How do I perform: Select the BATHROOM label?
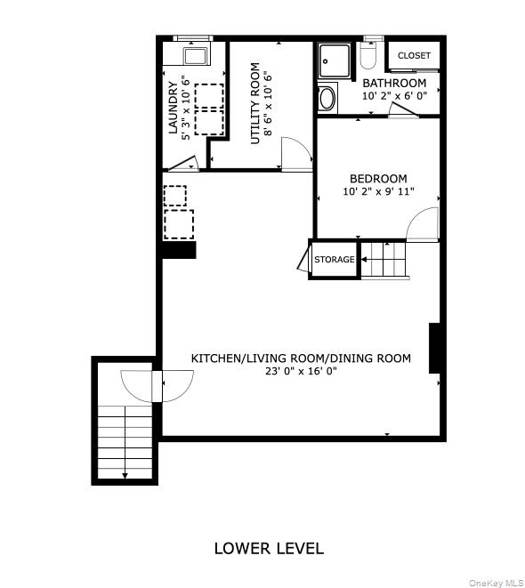(394, 83)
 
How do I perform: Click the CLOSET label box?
(414, 55)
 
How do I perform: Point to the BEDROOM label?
(378, 178)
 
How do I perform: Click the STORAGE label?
(334, 260)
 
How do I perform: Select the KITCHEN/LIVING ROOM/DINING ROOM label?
(301, 358)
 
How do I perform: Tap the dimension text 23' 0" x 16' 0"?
(301, 372)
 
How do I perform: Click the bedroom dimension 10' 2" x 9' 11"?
(378, 192)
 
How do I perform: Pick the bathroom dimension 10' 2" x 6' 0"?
(394, 95)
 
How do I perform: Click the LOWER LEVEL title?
(269, 548)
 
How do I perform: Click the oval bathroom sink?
(327, 98)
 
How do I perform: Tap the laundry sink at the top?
(193, 57)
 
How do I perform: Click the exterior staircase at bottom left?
(125, 441)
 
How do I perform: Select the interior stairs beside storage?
(382, 259)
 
